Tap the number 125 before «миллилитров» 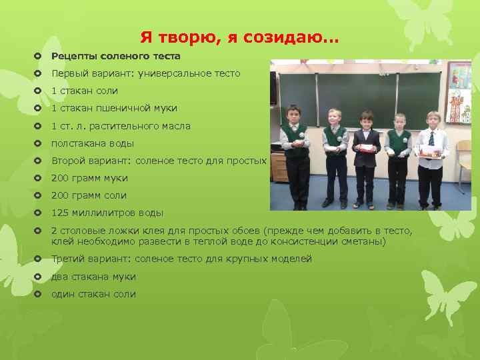(61, 213)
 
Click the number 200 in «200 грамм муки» (61, 178)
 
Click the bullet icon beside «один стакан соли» (38, 294)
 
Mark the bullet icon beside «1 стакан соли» (38, 91)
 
